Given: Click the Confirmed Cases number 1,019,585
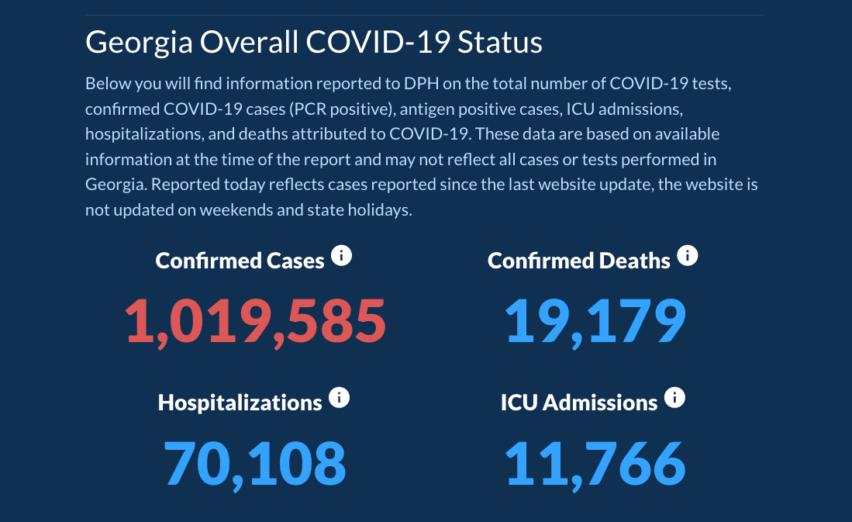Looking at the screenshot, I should click(x=256, y=320).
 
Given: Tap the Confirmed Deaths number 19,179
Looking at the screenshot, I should click(x=595, y=320).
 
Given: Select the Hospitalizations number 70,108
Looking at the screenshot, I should click(x=255, y=463).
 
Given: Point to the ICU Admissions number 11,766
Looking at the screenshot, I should click(x=595, y=463).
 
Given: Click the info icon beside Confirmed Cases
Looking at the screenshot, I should click(x=341, y=255).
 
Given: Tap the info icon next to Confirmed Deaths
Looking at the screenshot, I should click(x=688, y=255).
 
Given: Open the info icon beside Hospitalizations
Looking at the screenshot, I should click(x=340, y=398).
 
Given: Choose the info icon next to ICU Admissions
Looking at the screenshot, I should click(x=675, y=398).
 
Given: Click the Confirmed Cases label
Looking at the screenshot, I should click(x=240, y=261).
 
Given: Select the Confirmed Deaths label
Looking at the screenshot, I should click(x=578, y=261).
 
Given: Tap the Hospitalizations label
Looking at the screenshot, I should click(x=240, y=403).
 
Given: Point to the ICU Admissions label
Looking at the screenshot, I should click(x=578, y=403).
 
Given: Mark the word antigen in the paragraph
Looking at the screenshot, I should click(x=426, y=109).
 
